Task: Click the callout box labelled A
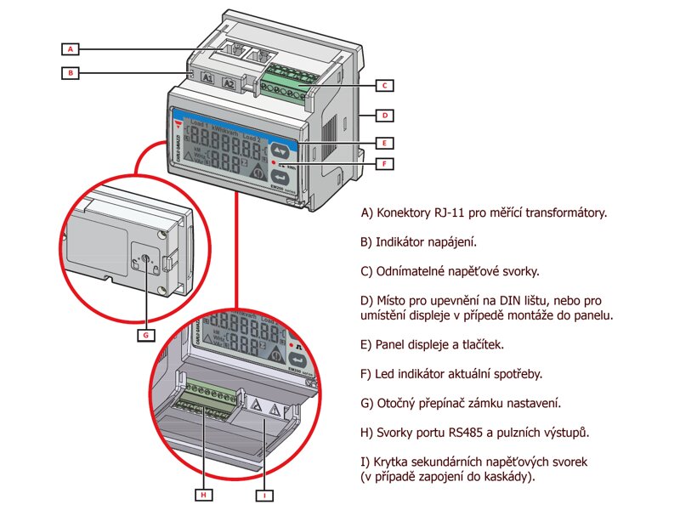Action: coord(72,48)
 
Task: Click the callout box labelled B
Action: coord(72,73)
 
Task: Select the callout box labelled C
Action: coord(384,85)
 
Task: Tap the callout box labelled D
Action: coord(384,114)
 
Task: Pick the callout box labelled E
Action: coord(384,142)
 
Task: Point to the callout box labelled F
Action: coord(384,163)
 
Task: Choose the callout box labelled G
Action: coord(146,335)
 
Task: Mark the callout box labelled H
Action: coord(204,494)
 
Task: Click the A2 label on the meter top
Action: coord(229,83)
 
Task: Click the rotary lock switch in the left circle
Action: coord(144,258)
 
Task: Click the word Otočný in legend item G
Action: coord(398,402)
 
